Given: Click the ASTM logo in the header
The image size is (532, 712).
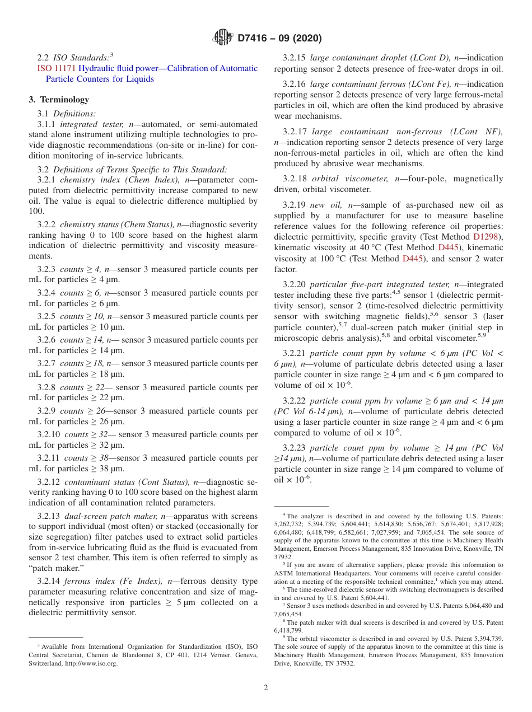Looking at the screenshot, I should coord(223,38).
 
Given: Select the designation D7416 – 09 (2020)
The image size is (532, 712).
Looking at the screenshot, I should coord(279,39).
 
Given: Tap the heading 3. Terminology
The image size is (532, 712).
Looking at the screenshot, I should coord(59,100).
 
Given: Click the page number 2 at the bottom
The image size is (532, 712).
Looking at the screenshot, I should coord(266,687).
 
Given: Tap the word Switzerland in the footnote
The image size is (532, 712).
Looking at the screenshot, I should coord(45,663).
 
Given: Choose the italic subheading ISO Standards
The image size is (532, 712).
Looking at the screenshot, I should coord(82,57).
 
